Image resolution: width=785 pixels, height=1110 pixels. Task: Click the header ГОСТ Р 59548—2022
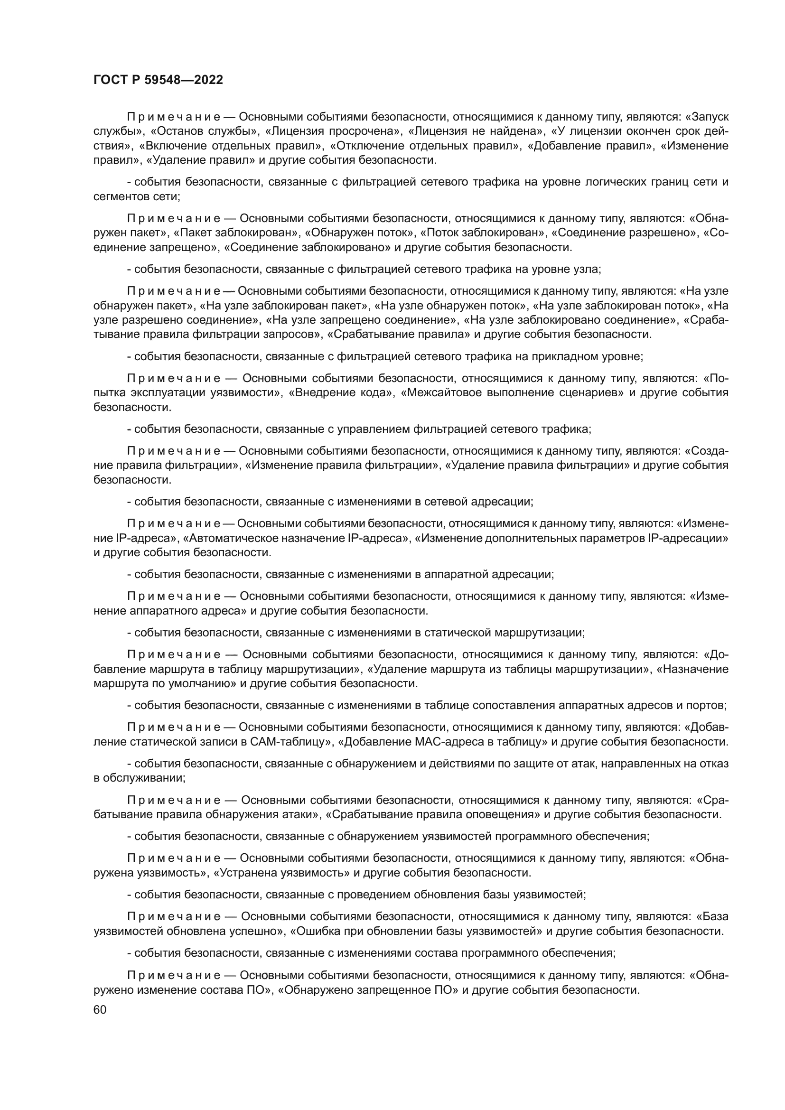pyautogui.click(x=158, y=80)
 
